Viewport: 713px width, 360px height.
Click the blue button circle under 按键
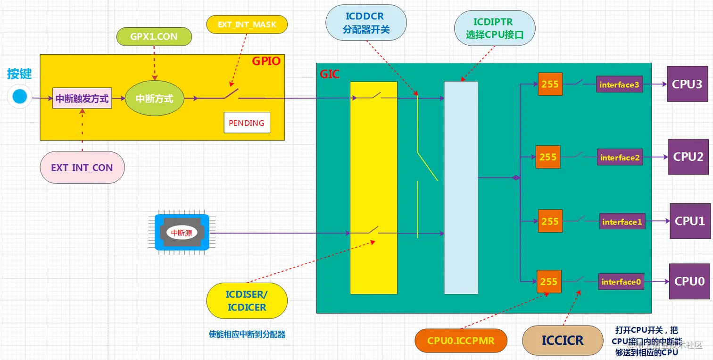coord(20,97)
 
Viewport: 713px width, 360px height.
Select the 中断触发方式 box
coord(82,99)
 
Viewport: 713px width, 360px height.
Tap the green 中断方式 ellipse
coord(154,99)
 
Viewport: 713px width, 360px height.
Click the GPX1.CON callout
coord(154,37)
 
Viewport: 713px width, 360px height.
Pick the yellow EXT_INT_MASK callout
coord(247,25)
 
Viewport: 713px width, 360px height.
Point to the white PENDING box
coord(247,123)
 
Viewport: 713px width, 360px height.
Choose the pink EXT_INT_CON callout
coord(82,167)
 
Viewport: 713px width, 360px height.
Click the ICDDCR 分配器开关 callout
coord(366,23)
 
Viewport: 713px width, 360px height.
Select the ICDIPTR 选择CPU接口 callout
coord(494,28)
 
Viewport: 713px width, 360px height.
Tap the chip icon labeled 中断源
coord(182,233)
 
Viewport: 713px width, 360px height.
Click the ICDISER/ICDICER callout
coord(247,301)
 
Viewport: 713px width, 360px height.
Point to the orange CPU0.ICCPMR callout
coord(461,341)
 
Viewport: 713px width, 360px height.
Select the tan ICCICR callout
coord(563,340)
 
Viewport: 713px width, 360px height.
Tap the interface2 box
coord(620,158)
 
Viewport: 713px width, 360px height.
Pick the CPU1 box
coord(690,221)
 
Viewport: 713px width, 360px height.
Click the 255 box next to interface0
coord(549,282)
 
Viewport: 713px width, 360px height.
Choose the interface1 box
coord(622,222)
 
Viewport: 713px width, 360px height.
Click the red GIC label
coord(330,74)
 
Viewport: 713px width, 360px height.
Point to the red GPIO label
coord(266,61)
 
